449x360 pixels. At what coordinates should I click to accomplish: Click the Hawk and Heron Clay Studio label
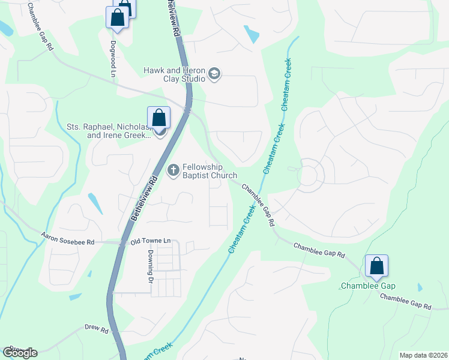(173, 74)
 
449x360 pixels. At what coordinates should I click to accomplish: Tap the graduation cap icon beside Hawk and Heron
(214, 74)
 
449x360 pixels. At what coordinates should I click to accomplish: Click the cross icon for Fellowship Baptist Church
(173, 171)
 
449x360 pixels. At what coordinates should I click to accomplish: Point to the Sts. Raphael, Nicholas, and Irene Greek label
(108, 131)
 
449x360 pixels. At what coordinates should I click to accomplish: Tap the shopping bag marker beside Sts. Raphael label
(158, 118)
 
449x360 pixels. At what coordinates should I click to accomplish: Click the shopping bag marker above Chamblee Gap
(376, 266)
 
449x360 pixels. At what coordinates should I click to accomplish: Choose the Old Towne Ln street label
(151, 241)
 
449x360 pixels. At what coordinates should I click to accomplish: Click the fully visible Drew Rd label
(96, 330)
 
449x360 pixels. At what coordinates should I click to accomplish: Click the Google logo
(20, 353)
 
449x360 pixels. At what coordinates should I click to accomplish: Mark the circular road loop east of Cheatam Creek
(308, 175)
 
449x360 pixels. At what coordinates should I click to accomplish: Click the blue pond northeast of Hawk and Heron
(252, 34)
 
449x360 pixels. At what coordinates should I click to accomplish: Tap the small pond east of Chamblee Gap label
(419, 287)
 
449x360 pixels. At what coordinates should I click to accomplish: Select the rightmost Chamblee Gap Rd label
(405, 302)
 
